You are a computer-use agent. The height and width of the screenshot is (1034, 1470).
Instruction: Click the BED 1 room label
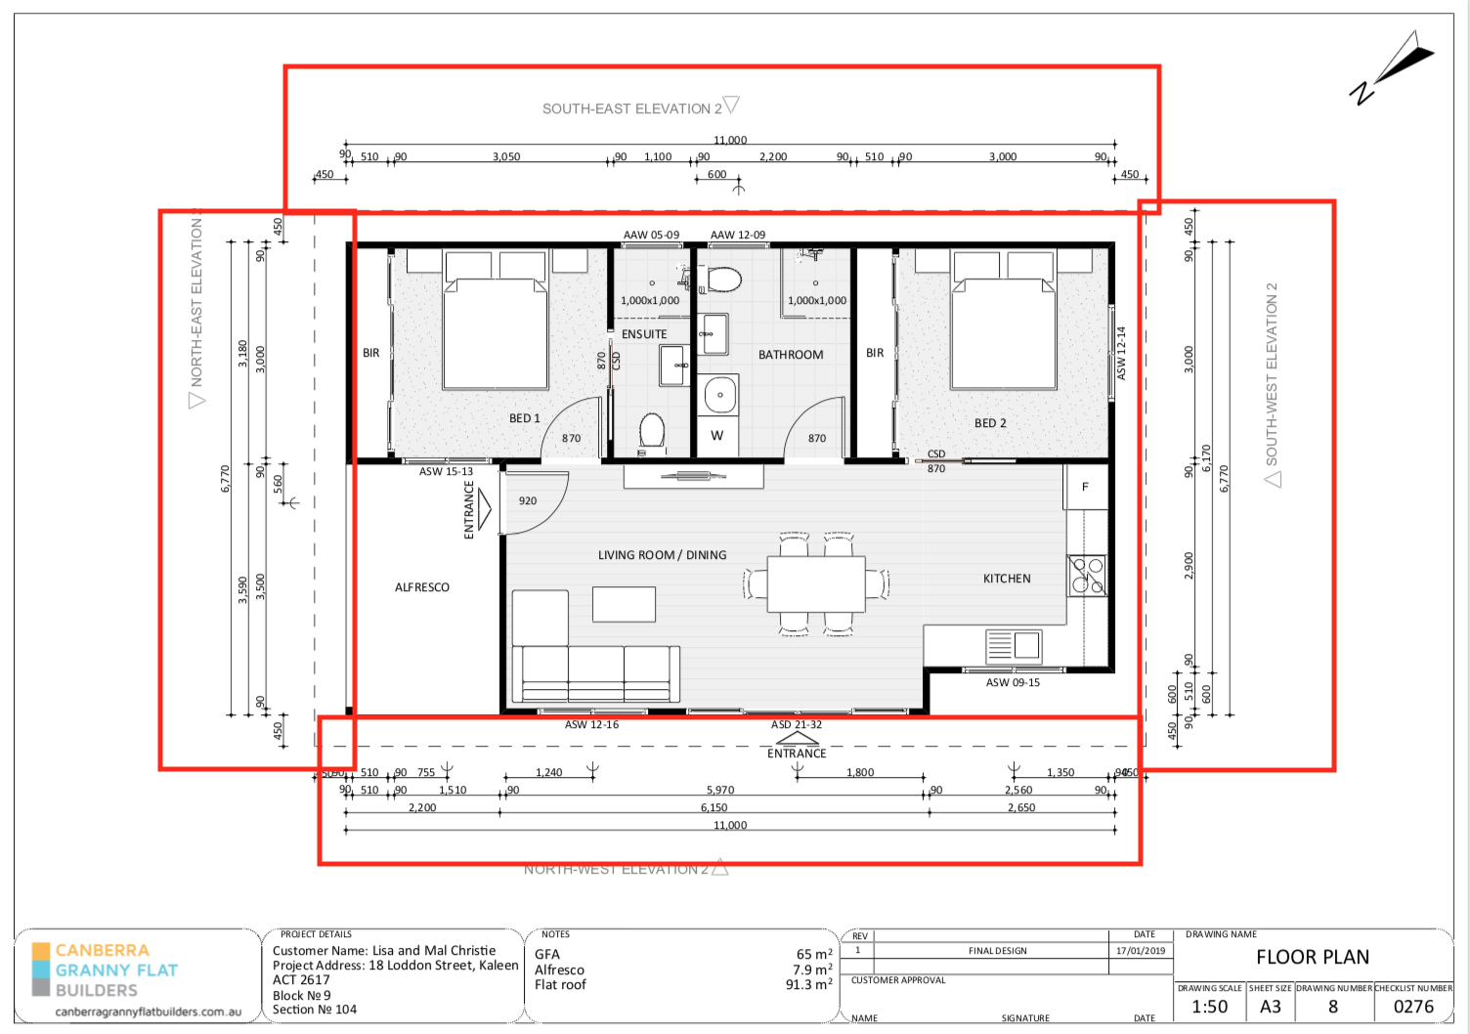tap(524, 418)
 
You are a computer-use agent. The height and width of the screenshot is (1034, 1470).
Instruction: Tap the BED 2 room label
tap(989, 423)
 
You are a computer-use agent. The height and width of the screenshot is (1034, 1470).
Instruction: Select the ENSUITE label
tap(644, 334)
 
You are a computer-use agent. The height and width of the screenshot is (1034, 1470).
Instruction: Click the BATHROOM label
tap(791, 355)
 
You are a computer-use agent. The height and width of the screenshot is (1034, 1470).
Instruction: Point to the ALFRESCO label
tap(422, 587)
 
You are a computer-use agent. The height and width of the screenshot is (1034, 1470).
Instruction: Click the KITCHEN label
tap(1007, 579)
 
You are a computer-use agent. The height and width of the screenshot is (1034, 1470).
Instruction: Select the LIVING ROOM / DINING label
tap(662, 555)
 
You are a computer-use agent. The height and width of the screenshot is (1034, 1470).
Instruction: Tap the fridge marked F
tap(1085, 487)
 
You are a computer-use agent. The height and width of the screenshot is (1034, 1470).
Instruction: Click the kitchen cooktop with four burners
tap(1087, 576)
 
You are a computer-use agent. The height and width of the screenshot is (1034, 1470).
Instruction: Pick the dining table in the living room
tap(816, 584)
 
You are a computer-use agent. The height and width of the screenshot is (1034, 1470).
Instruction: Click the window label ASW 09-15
tap(1013, 683)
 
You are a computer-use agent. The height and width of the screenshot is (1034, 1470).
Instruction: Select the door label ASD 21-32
tap(796, 725)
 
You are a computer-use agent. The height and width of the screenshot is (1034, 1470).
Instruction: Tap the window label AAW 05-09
tap(651, 236)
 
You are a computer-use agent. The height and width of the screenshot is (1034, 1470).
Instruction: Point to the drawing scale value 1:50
tap(1209, 1007)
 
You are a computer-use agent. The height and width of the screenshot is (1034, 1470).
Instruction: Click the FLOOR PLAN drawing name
tap(1312, 958)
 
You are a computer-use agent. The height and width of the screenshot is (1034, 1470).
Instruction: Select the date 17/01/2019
tap(1141, 951)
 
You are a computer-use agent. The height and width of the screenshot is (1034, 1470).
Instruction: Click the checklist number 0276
tap(1413, 1007)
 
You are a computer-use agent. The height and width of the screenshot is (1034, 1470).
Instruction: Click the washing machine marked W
tap(717, 436)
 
